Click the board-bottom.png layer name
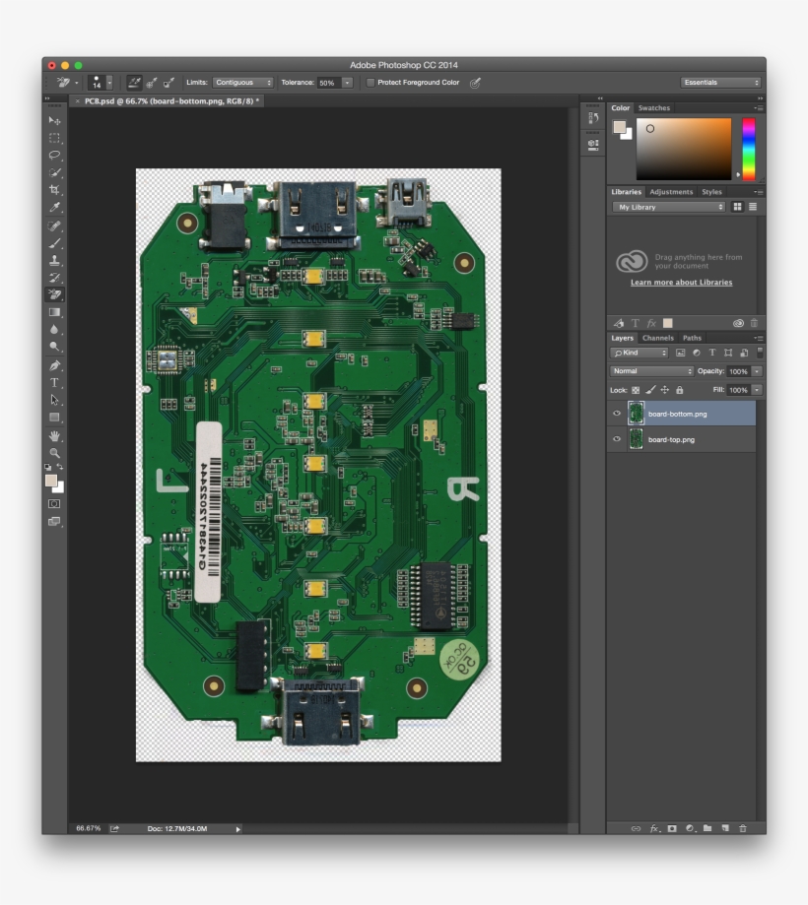(x=677, y=414)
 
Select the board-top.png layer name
(x=671, y=439)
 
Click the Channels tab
(x=657, y=338)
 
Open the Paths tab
(x=692, y=338)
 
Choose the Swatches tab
(x=653, y=108)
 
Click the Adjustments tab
(x=670, y=192)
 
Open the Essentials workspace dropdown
(x=720, y=83)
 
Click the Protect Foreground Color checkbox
(x=370, y=83)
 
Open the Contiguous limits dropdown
(x=242, y=83)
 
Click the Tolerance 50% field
(x=329, y=83)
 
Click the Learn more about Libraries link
(x=681, y=283)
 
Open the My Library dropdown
(x=669, y=207)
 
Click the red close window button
(x=52, y=65)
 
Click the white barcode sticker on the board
(x=209, y=511)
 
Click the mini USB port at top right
(x=407, y=200)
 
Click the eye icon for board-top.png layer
(x=618, y=439)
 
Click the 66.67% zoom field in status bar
(x=89, y=828)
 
